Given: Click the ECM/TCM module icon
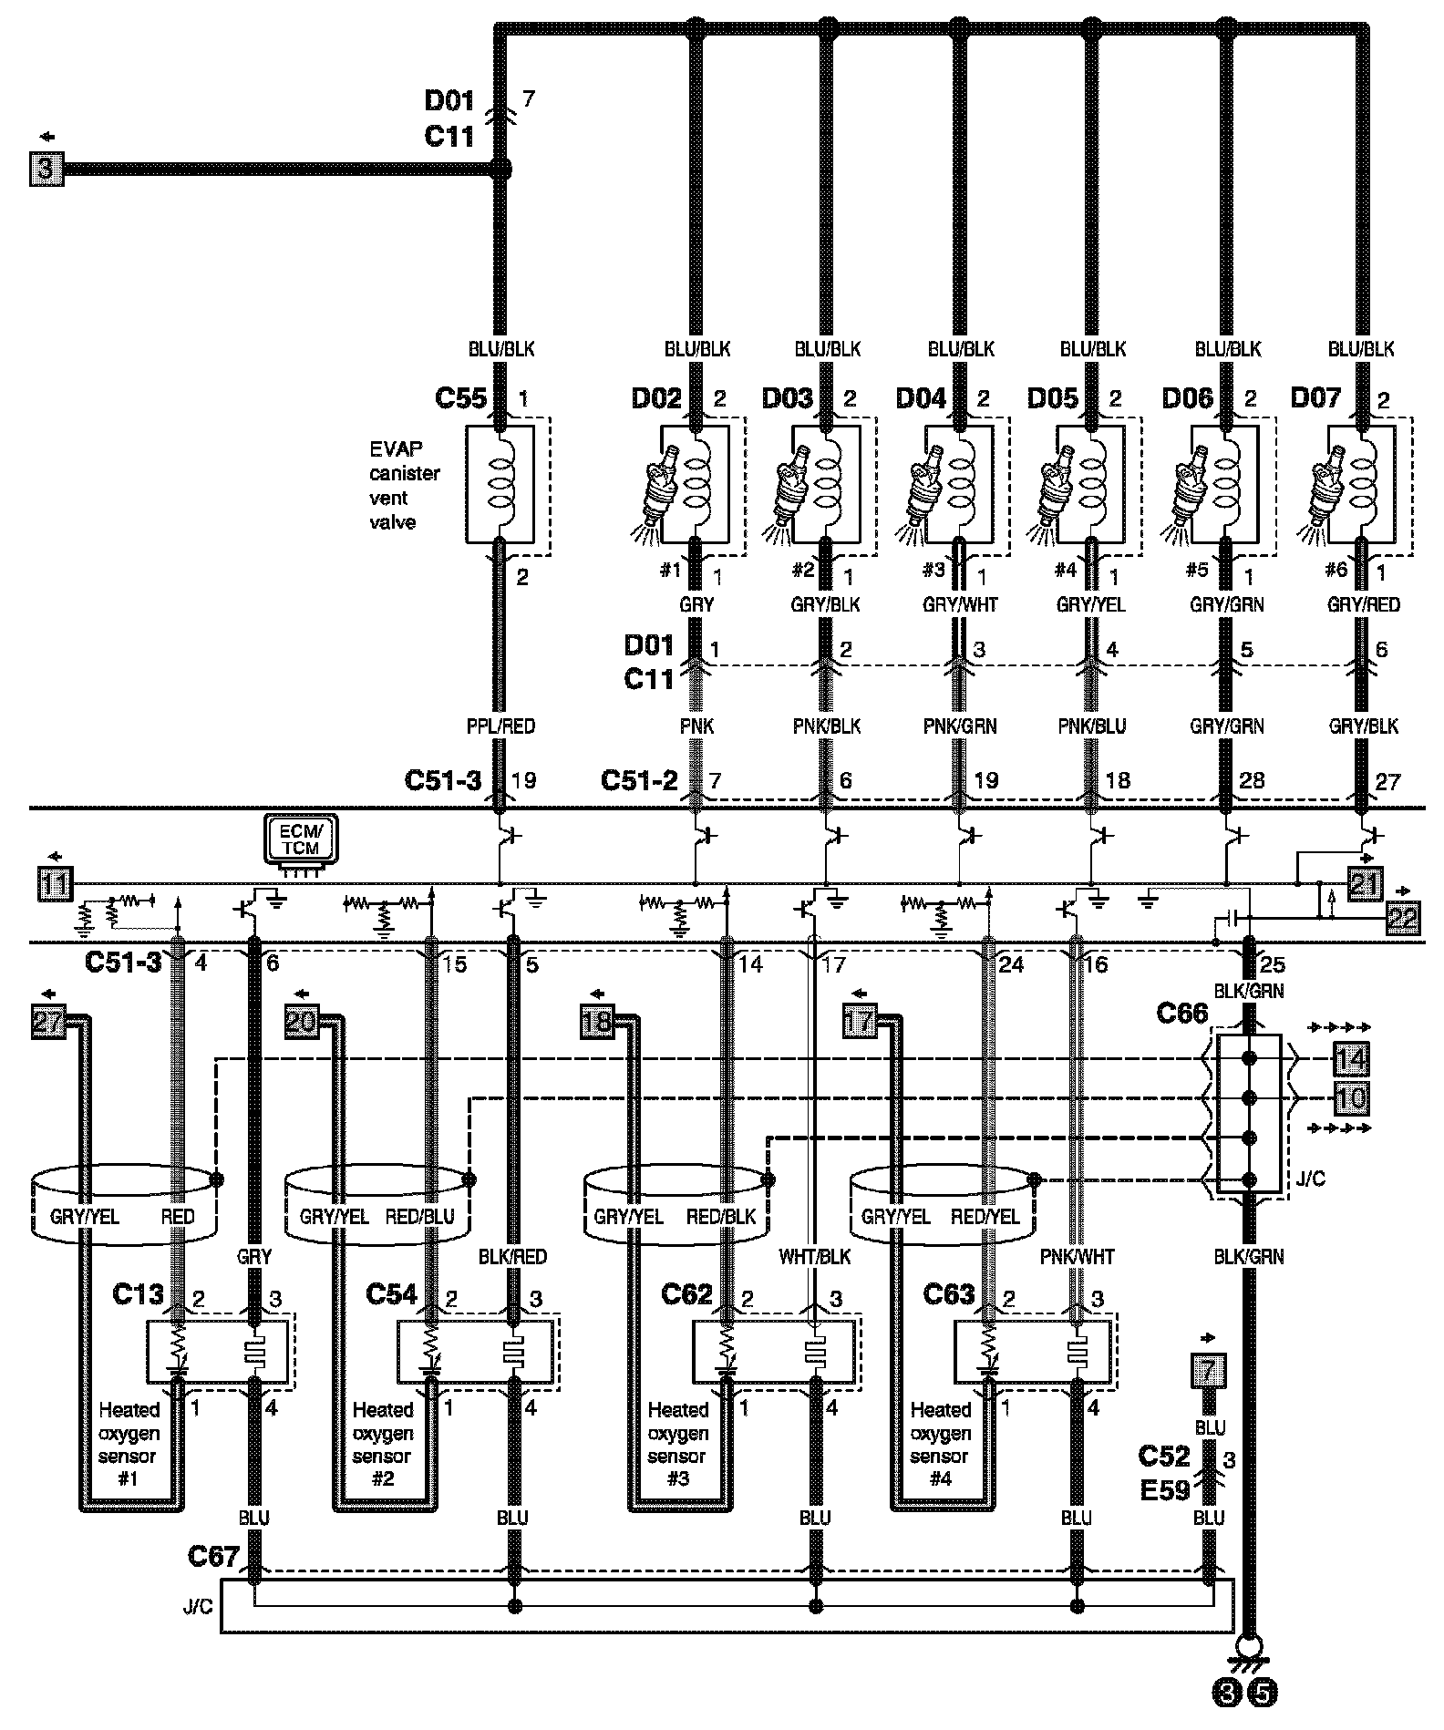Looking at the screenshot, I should (300, 839).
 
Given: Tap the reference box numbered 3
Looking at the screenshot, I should (47, 170).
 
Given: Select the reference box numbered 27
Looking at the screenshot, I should (48, 1021).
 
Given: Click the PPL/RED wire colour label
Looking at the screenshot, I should (500, 726).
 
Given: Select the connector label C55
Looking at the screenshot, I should (461, 398).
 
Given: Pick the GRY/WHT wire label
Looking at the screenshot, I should (960, 604).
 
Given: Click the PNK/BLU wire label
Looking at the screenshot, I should (1092, 726).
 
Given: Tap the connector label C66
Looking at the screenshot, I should (1181, 1014).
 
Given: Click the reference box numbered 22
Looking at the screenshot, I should (1403, 918).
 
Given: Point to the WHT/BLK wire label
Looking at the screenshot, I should (814, 1257).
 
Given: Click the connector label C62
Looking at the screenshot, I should (686, 1294).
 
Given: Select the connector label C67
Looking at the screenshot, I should (213, 1557).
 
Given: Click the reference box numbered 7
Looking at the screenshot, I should (1208, 1370).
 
